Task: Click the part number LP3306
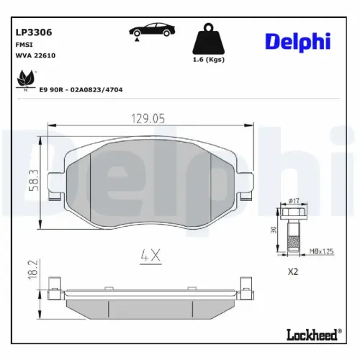[x=34, y=32]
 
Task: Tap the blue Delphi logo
[x=298, y=42]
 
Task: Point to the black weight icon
[x=208, y=38]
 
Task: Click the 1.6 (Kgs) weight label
[x=209, y=60]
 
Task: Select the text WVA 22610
[x=35, y=55]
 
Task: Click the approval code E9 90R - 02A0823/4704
[x=81, y=90]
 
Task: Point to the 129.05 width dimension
[x=148, y=119]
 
